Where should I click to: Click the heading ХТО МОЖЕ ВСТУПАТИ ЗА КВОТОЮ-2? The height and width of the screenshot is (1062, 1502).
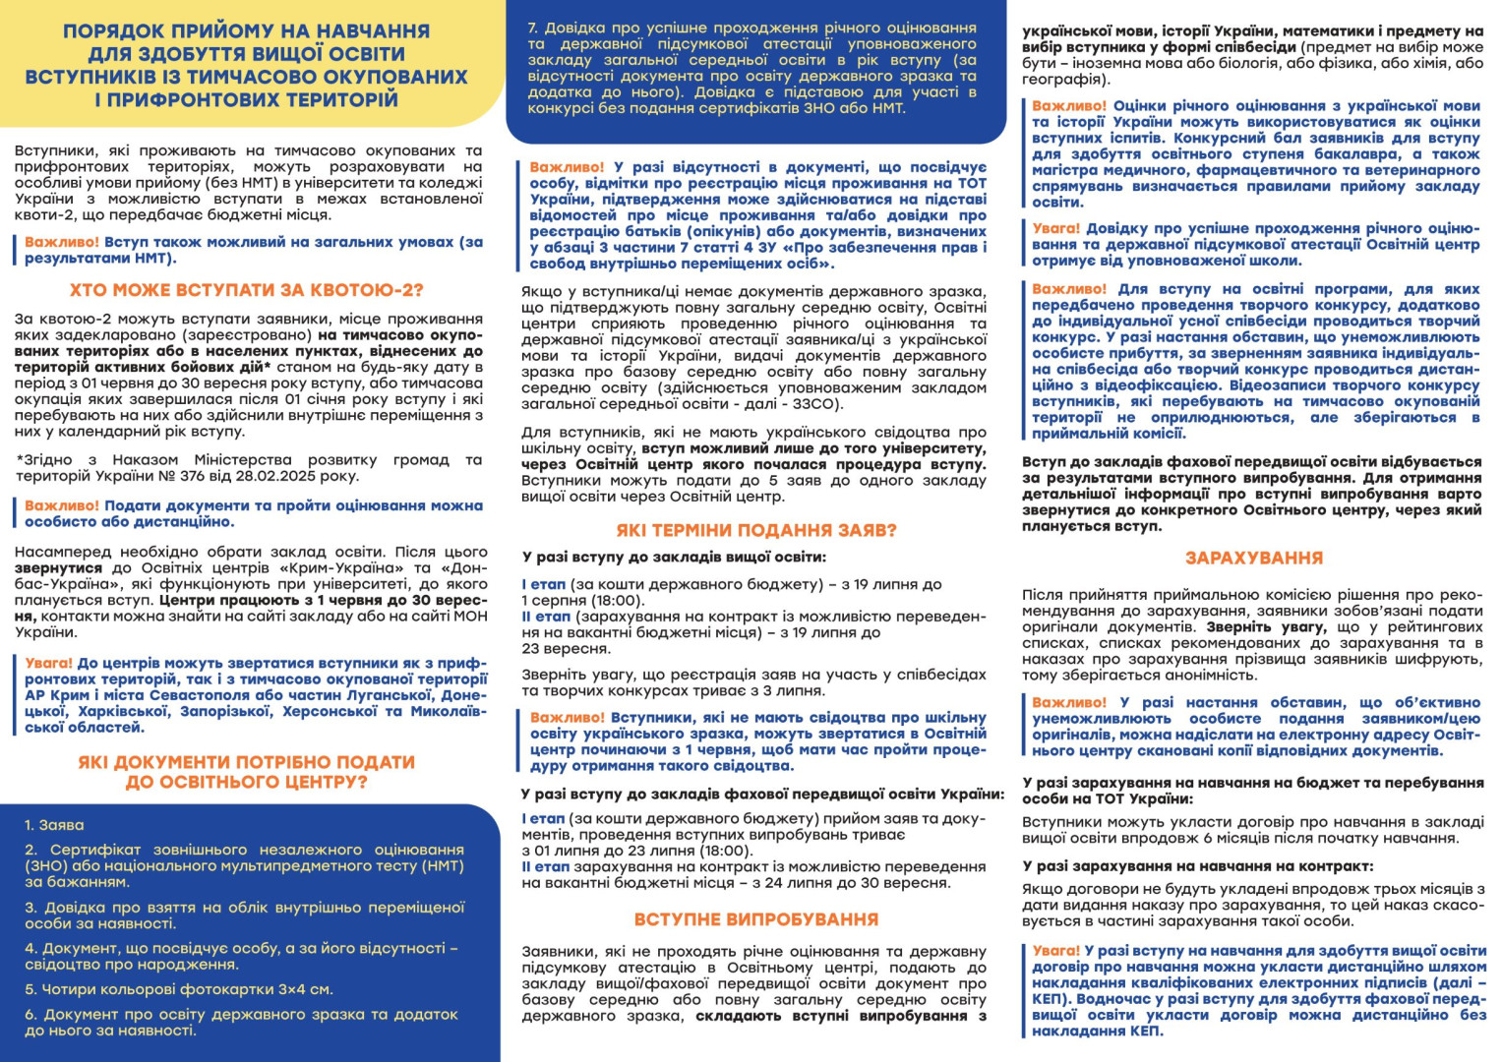(246, 290)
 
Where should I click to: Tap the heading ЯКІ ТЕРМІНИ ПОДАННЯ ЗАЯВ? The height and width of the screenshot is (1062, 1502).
(756, 530)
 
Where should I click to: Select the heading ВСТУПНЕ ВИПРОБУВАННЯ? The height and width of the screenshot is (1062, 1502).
(755, 919)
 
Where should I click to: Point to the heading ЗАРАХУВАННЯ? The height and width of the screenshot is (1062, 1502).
(1253, 558)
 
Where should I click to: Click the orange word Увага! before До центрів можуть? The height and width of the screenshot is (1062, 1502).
(48, 664)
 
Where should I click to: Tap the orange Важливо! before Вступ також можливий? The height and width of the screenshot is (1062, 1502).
(61, 242)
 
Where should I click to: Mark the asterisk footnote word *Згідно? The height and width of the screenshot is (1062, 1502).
(43, 460)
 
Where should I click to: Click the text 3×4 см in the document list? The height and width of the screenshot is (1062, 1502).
(306, 989)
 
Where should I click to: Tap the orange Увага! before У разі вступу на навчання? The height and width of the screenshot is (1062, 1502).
(1055, 951)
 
